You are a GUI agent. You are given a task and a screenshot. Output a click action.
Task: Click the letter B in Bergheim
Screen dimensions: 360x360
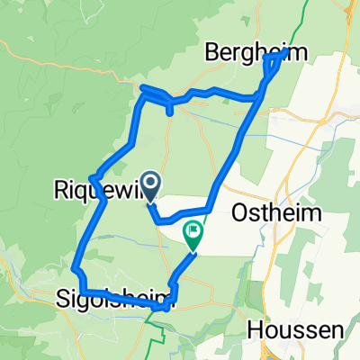click(x=216, y=52)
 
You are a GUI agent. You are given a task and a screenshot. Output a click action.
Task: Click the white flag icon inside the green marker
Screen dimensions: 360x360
click(x=193, y=232)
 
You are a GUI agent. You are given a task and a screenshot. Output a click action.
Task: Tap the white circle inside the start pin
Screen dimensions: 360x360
click(x=150, y=184)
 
